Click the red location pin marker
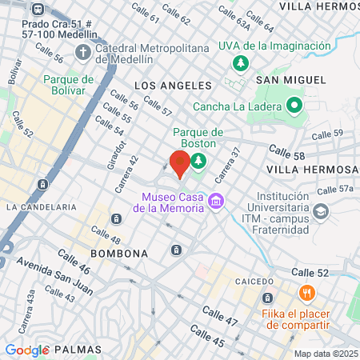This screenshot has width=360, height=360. (x=180, y=163)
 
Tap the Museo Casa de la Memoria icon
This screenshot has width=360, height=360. (x=214, y=200)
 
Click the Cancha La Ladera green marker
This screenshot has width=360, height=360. (x=294, y=105)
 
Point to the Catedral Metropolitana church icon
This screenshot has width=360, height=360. (x=82, y=53)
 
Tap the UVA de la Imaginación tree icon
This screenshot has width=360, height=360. (x=238, y=63)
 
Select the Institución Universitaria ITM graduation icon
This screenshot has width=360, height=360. (x=321, y=211)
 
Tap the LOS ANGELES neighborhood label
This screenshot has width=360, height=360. (x=174, y=85)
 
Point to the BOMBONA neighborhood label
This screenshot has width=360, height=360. (x=119, y=254)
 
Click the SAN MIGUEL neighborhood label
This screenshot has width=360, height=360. (x=290, y=80)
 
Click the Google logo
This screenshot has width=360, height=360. (x=27, y=350)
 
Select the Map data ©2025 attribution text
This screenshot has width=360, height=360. (x=325, y=354)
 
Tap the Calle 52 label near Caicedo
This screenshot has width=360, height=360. (x=331, y=274)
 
